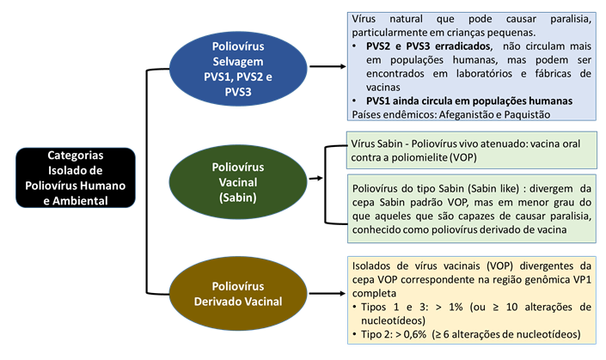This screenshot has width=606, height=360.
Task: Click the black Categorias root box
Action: point(75,179)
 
